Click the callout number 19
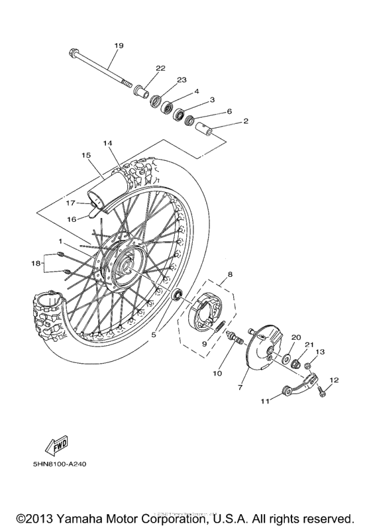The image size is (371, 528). (119, 46)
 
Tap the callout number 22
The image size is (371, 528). (160, 68)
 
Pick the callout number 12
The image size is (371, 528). (334, 380)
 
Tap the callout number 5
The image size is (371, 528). (154, 335)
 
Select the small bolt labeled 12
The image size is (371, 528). (321, 392)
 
